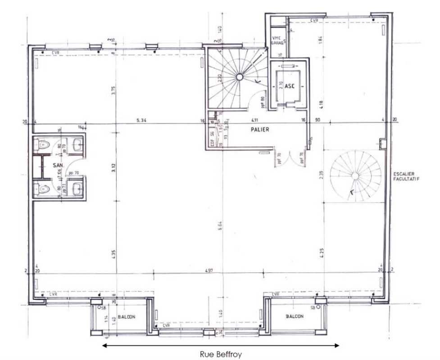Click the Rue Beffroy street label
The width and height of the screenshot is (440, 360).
(x=221, y=354)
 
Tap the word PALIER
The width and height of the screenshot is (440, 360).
(x=260, y=130)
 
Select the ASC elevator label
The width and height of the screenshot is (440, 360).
(x=289, y=86)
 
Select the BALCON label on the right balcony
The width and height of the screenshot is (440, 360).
(x=295, y=316)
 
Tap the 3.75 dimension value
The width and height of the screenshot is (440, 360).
(x=114, y=90)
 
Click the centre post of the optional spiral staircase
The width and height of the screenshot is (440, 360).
(x=356, y=175)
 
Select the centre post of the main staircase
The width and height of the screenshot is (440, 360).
(x=239, y=77)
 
